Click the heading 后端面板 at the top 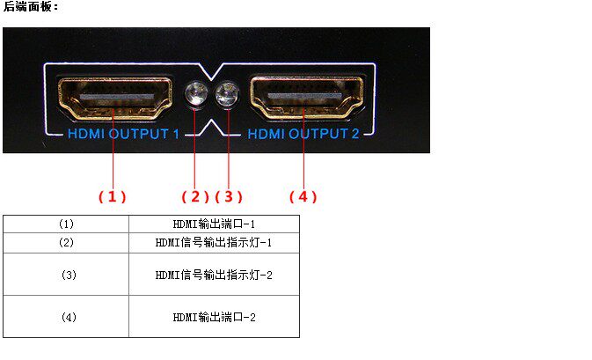click(x=30, y=7)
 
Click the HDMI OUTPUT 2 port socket click(x=303, y=97)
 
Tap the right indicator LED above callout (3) click(x=228, y=95)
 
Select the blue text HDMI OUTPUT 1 click(x=123, y=135)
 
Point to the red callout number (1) click(x=113, y=196)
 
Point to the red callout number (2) click(x=195, y=196)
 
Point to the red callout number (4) click(x=303, y=196)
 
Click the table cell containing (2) click(x=66, y=242)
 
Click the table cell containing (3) click(x=66, y=275)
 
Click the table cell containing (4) click(x=66, y=317)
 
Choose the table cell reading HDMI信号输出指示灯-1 click(x=214, y=242)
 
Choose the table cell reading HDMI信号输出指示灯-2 click(x=214, y=275)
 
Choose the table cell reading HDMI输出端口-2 click(x=214, y=317)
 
